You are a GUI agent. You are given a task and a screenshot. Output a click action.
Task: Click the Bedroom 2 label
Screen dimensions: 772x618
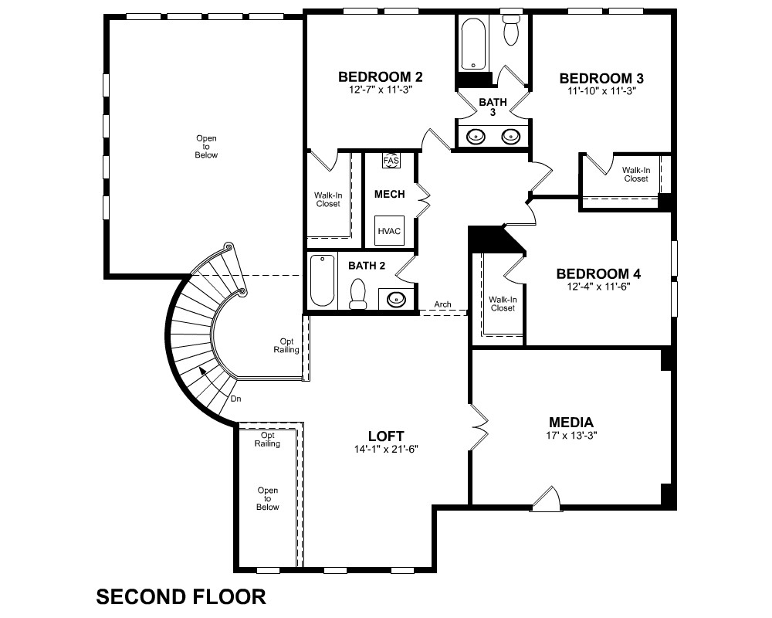pyautogui.click(x=380, y=77)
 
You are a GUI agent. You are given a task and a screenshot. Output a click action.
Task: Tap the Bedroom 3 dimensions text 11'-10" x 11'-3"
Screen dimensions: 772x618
pyautogui.click(x=601, y=91)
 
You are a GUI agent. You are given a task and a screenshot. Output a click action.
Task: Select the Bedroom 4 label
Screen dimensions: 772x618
pyautogui.click(x=599, y=273)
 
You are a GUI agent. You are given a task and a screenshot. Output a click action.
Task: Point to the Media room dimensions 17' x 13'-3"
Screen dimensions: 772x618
pyautogui.click(x=571, y=435)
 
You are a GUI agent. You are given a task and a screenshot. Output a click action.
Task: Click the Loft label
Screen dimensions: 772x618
pyautogui.click(x=386, y=436)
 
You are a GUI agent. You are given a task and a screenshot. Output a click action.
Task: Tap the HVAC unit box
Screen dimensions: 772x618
pyautogui.click(x=389, y=231)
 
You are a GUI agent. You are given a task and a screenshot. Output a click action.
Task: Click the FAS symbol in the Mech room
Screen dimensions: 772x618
pyautogui.click(x=391, y=160)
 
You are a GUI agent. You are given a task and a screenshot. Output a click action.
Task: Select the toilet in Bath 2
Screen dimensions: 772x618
pyautogui.click(x=357, y=294)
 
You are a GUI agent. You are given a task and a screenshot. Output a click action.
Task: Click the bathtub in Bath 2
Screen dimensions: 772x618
pyautogui.click(x=323, y=281)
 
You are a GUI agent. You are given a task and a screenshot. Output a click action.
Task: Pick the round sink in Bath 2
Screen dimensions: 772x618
pyautogui.click(x=396, y=299)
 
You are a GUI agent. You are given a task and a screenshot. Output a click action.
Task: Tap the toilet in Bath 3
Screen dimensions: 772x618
pyautogui.click(x=512, y=29)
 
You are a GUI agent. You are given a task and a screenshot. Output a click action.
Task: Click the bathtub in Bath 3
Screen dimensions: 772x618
pyautogui.click(x=473, y=44)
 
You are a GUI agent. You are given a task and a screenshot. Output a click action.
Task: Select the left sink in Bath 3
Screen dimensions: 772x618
pyautogui.click(x=476, y=136)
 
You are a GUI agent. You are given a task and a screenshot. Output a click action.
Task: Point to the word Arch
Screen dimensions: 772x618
pyautogui.click(x=442, y=304)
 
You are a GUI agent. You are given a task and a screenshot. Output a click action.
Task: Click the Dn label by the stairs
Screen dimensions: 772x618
pyautogui.click(x=235, y=399)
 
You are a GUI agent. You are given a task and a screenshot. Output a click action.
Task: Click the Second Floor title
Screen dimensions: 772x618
pyautogui.click(x=181, y=597)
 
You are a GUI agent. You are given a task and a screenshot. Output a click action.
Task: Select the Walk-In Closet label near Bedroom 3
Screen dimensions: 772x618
pyautogui.click(x=636, y=175)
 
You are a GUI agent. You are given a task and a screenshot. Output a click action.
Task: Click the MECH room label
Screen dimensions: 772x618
pyautogui.click(x=389, y=194)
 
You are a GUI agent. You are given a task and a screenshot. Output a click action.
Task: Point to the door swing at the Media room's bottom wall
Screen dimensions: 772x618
pyautogui.click(x=547, y=497)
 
